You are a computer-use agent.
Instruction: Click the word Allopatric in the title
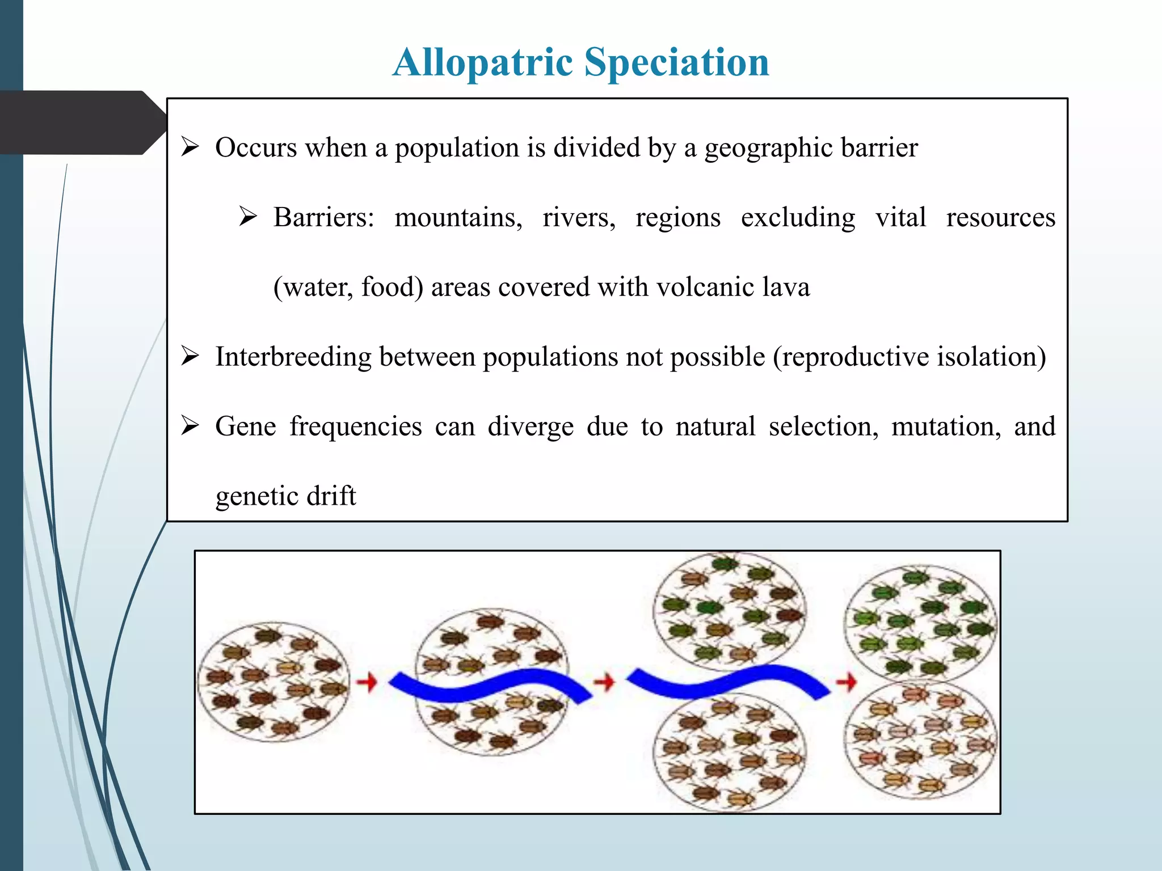[483, 62]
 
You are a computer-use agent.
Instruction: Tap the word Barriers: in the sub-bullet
[324, 218]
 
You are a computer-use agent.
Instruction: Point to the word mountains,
[458, 218]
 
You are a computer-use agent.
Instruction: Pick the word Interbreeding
[293, 357]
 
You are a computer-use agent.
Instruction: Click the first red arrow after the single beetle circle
[367, 682]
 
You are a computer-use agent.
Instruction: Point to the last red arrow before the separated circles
[846, 682]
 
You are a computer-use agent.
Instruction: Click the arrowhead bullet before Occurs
[190, 147]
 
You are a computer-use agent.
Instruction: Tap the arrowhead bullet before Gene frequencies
[190, 425]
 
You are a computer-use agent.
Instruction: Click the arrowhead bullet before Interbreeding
[190, 356]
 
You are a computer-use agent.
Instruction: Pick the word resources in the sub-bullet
[1000, 218]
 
